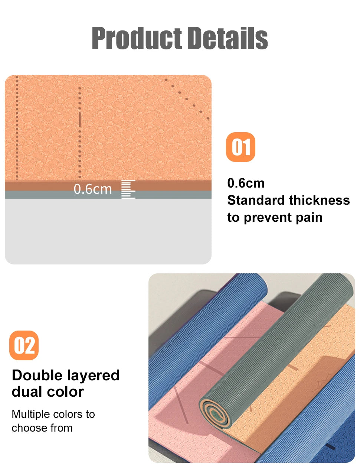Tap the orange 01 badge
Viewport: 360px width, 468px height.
[x=240, y=147]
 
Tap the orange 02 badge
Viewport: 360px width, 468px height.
[x=24, y=345]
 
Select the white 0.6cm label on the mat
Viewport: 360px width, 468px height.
[x=92, y=189]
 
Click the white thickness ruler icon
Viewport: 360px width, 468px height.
[x=128, y=189]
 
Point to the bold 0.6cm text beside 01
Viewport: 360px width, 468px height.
[x=246, y=183]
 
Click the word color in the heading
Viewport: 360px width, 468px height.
[x=68, y=392]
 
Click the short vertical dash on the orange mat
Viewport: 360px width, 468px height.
[x=79, y=119]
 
